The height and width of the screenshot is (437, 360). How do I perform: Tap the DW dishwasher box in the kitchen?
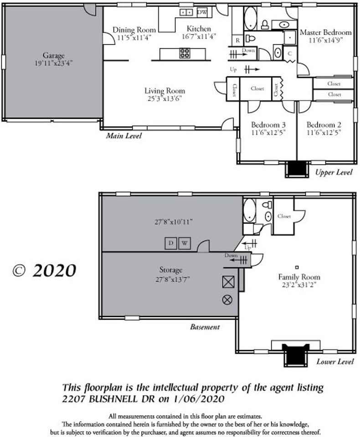click(203, 12)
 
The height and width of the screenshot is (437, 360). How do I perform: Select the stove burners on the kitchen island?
click(185, 54)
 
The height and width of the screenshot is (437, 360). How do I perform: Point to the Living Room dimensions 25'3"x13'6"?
click(165, 98)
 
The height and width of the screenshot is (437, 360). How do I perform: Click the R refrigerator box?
click(237, 41)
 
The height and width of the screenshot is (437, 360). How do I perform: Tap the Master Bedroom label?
click(325, 33)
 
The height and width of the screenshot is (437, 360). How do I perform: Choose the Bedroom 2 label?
click(324, 125)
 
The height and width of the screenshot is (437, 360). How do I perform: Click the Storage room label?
click(171, 270)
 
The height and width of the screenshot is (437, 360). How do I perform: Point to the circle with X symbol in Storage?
click(227, 299)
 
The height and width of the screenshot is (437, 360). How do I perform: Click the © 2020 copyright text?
click(44, 270)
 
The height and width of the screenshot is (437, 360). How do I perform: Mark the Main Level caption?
click(124, 136)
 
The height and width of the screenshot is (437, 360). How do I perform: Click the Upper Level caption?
click(334, 173)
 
